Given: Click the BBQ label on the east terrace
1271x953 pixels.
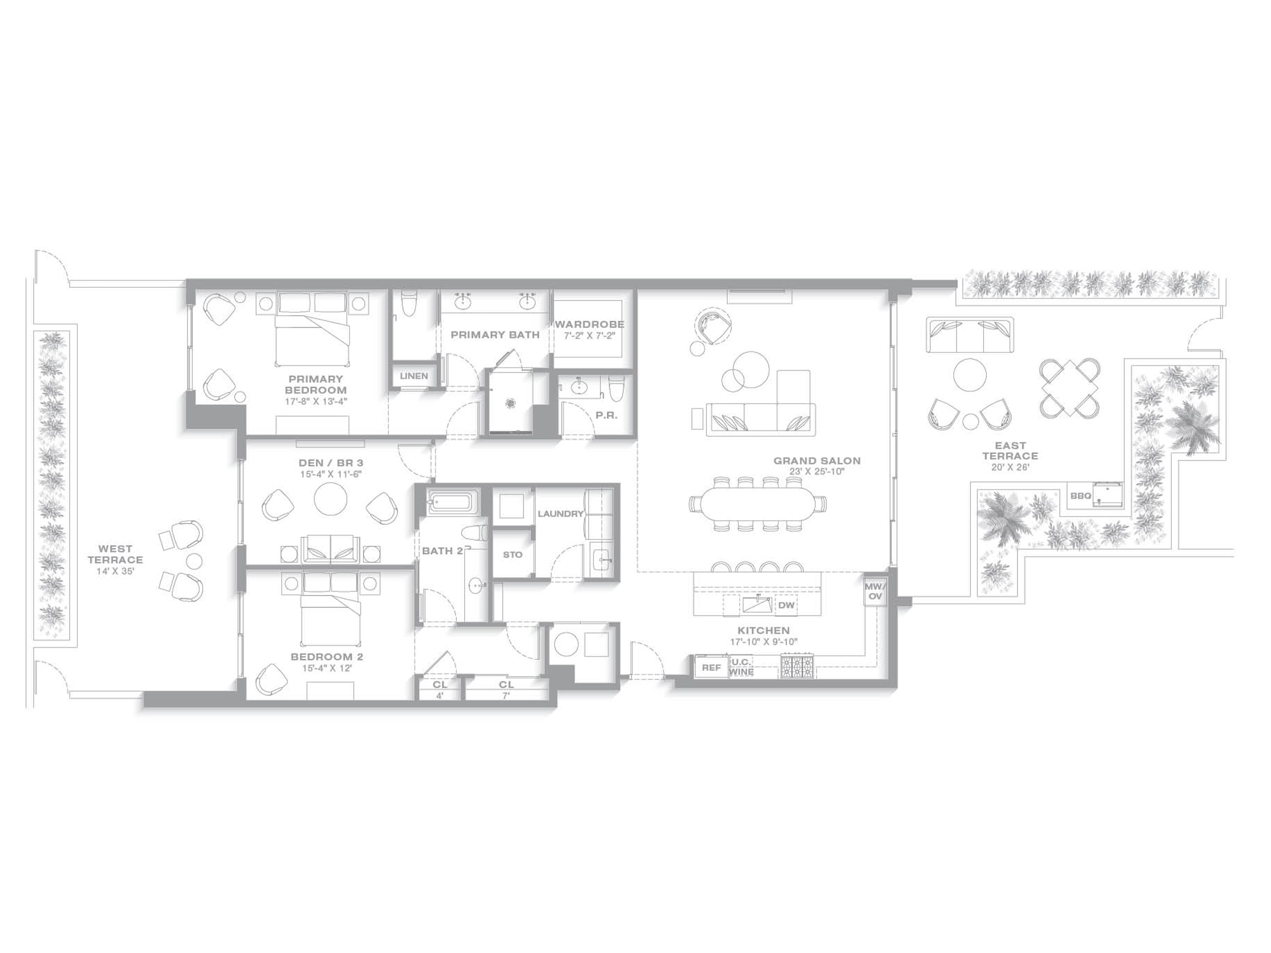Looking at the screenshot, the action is pos(1080,495).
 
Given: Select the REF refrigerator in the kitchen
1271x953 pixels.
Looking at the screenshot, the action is pos(711,668).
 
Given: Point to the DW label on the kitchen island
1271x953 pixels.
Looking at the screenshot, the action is pos(786,605).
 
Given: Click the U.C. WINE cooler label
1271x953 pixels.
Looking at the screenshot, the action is pos(741,667).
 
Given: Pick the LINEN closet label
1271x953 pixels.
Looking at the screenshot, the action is pos(414,376).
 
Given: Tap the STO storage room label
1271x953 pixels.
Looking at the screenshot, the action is pos(512,554).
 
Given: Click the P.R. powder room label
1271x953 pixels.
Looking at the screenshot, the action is pos(606,415).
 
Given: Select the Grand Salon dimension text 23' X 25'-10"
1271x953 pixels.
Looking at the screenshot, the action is pos(817,472).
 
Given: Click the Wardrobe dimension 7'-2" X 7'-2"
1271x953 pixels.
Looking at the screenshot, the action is pos(589,336).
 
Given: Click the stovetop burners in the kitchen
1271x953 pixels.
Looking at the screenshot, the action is pos(797,666).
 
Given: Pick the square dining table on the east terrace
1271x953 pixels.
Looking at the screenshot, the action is pos(1069,387).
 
